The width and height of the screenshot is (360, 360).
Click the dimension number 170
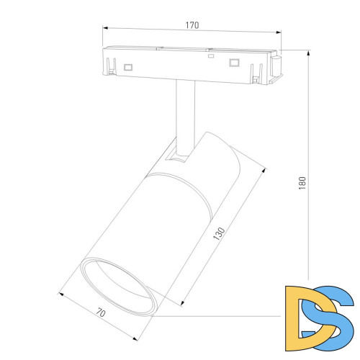pyautogui.click(x=192, y=25)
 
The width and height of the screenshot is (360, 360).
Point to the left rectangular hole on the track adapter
pyautogui.click(x=129, y=66)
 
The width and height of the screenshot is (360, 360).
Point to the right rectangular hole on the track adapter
pyautogui.click(x=233, y=63)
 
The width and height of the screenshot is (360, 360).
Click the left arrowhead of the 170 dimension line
pyautogui.click(x=104, y=32)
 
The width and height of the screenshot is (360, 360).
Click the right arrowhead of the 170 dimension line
pyautogui.click(x=278, y=32)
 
